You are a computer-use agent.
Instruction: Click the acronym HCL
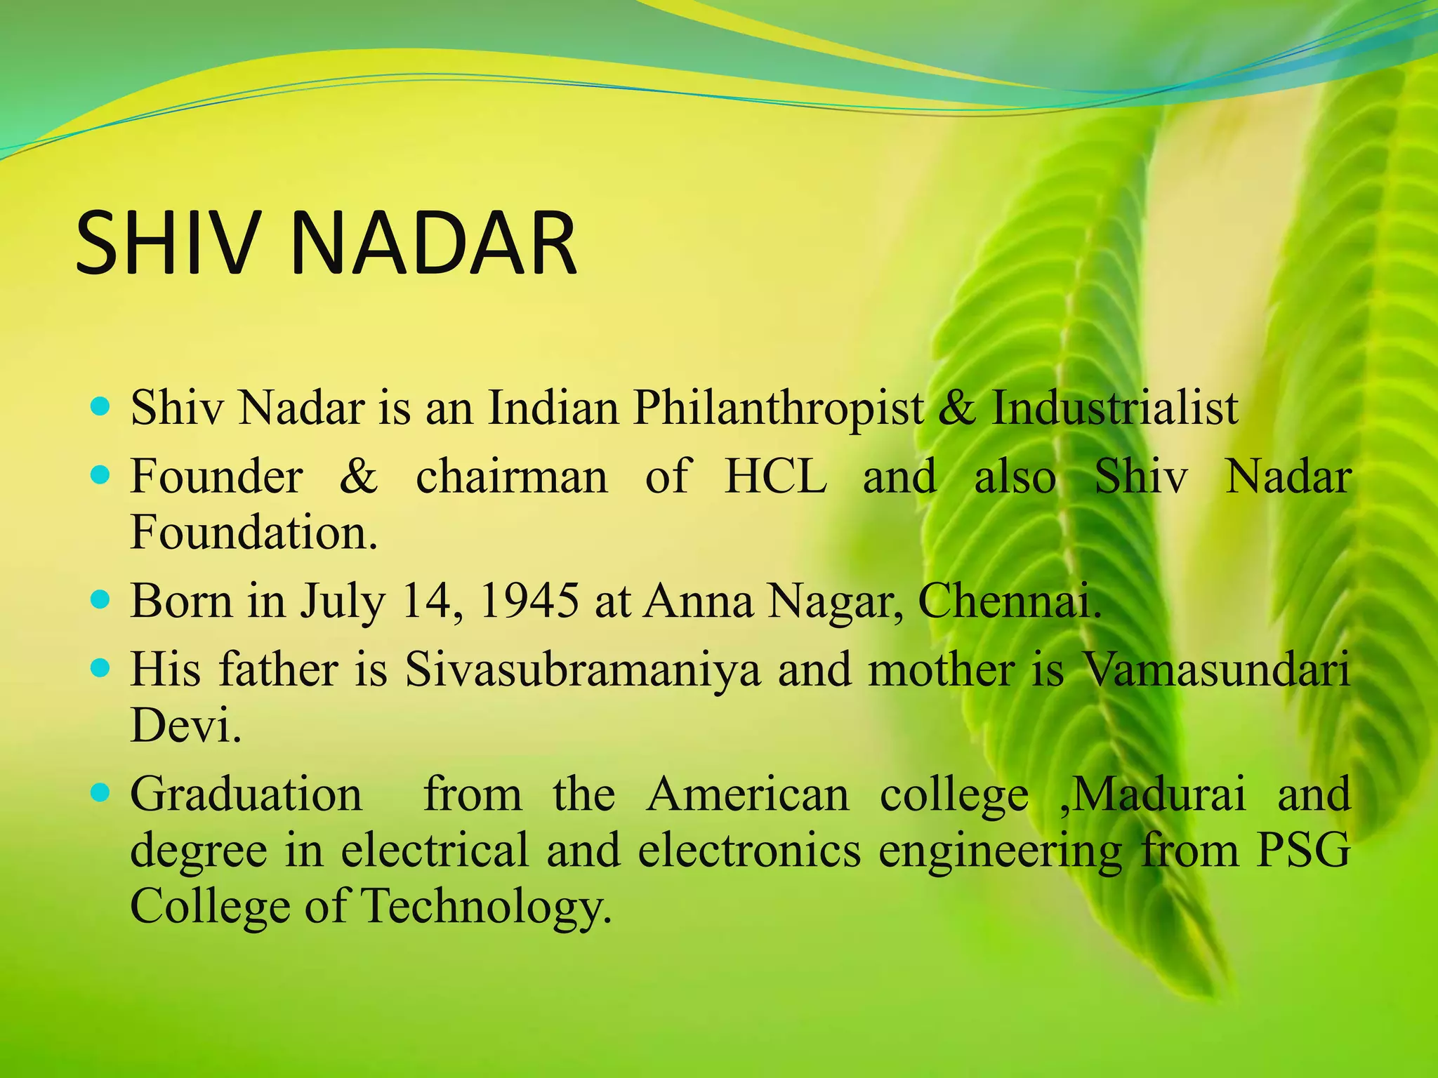[x=775, y=477]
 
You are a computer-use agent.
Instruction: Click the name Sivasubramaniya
[x=582, y=670]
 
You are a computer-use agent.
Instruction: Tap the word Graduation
[x=246, y=794]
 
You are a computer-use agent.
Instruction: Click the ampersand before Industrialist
[x=956, y=408]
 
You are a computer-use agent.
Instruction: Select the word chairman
[x=512, y=477]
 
